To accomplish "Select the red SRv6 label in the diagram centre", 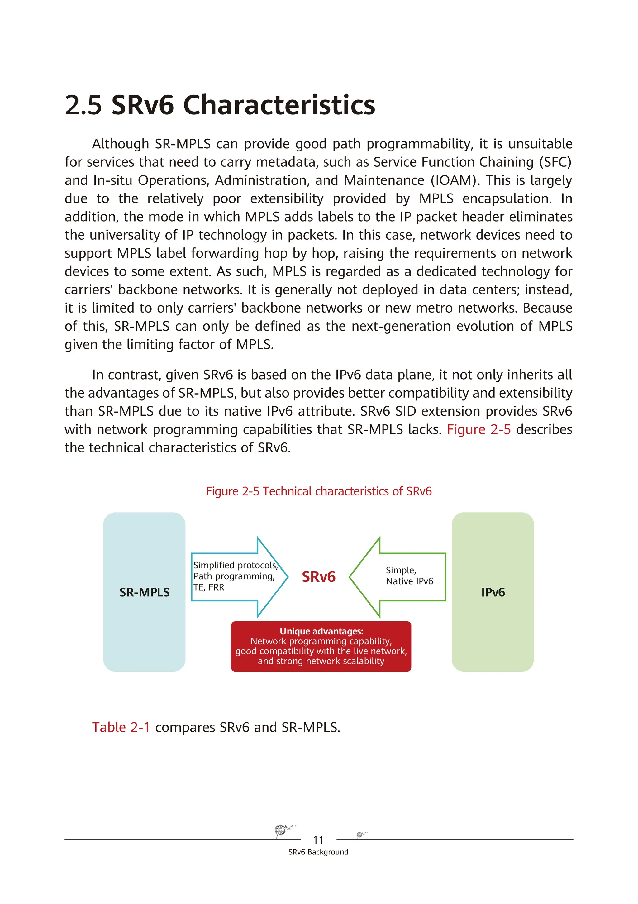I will [x=318, y=576].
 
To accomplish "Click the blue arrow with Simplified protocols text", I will [x=236, y=576].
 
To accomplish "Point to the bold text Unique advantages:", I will [x=321, y=631].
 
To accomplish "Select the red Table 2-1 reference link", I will [x=121, y=727].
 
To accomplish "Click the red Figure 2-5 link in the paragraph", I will [x=478, y=429].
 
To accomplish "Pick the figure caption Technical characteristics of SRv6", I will [x=319, y=491].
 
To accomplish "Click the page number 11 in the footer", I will [x=318, y=840].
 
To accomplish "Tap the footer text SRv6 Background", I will [x=318, y=852].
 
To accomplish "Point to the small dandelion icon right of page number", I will [x=360, y=834].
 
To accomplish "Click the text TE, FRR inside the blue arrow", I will [x=209, y=587].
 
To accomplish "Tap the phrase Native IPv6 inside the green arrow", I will [x=409, y=581].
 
